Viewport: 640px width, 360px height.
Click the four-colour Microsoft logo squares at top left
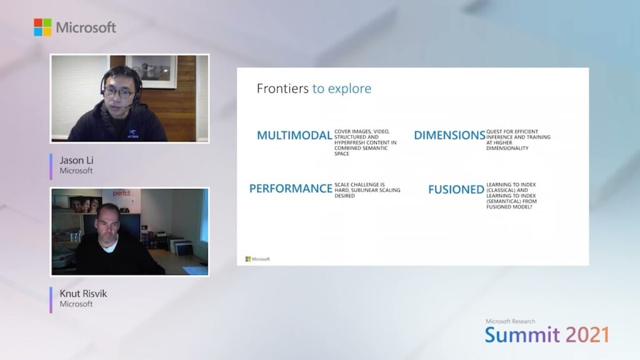point(42,27)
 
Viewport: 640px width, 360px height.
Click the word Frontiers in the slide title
point(282,89)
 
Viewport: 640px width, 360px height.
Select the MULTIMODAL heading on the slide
point(294,136)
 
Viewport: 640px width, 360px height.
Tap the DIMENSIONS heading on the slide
point(449,136)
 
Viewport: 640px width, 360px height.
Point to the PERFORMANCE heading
point(291,189)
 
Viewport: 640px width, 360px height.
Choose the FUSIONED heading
point(456,190)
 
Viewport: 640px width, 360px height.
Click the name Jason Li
point(76,160)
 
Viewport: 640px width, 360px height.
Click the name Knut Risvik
point(83,294)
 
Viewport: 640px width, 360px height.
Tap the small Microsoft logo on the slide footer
point(257,259)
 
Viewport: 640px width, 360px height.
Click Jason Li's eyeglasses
point(119,92)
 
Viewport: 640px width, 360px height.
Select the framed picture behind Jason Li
point(151,72)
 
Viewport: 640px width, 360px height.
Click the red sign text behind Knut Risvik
point(121,193)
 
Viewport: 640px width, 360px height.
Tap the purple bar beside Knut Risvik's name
point(51,300)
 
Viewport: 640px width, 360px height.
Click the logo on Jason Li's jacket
point(132,134)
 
